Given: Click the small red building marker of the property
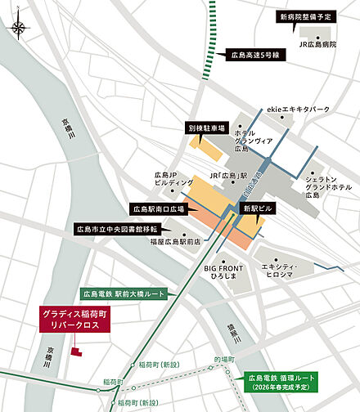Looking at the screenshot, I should pos(75,352).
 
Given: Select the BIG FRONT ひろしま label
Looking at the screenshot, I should pos(222,271).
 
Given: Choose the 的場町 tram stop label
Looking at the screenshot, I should pos(223,360).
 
